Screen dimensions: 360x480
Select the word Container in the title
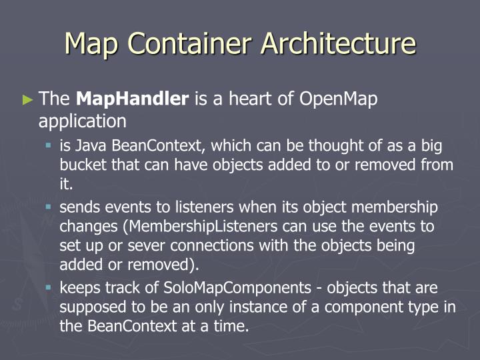[x=187, y=44]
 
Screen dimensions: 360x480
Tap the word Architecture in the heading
[x=338, y=44]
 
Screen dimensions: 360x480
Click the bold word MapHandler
[x=133, y=99]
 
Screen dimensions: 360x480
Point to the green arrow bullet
[x=27, y=100]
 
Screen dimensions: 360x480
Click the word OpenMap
[x=339, y=99]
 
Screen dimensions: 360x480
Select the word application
[x=82, y=121]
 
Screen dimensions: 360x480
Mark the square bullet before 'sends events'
[x=49, y=207]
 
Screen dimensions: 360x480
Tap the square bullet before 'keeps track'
[x=49, y=288]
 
